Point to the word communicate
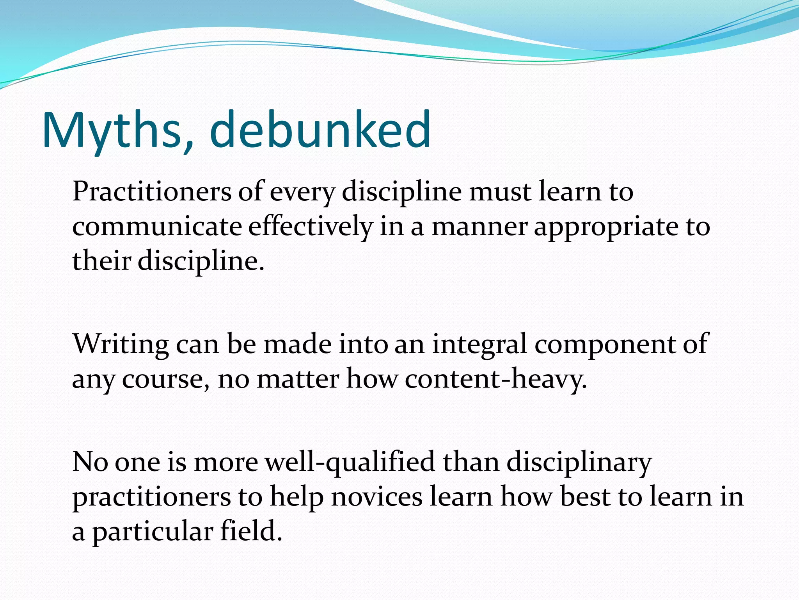(x=157, y=227)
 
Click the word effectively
(x=311, y=227)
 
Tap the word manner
(x=479, y=227)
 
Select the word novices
(x=377, y=497)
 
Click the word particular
(x=153, y=532)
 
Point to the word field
(x=251, y=532)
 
